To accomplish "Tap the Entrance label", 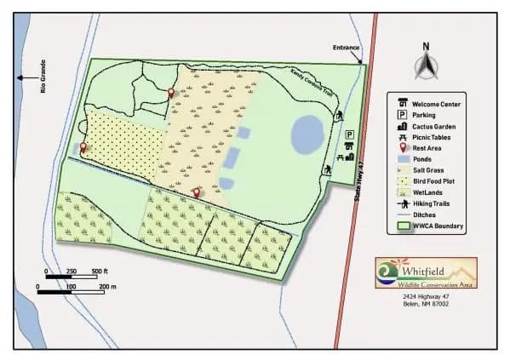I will coord(347,49).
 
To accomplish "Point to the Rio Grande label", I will coord(43,77).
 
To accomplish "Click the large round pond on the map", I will coord(307,133).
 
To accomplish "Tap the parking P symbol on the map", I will coord(349,134).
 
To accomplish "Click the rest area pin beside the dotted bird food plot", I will coord(83,148).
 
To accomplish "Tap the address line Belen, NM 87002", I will coord(426,304).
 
